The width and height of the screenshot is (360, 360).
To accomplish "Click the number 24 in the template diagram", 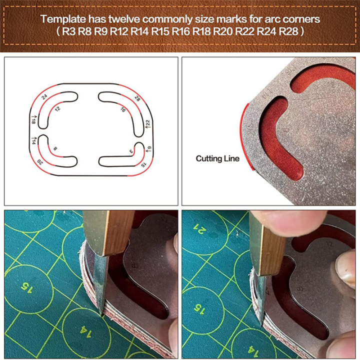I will pos(44,96).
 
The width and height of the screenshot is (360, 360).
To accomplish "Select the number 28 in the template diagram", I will pos(137,98).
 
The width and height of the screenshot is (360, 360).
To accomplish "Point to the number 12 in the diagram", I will pos(57,108).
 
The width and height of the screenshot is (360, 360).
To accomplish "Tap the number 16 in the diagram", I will pos(123,109).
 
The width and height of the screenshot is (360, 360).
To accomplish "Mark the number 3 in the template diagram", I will pos(131,150).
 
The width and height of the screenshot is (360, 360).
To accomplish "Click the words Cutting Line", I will pos(217,158).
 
